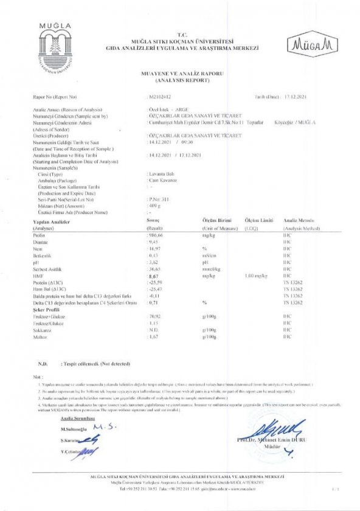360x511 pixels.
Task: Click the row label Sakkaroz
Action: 43,329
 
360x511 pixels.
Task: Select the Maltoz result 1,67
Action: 155,336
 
